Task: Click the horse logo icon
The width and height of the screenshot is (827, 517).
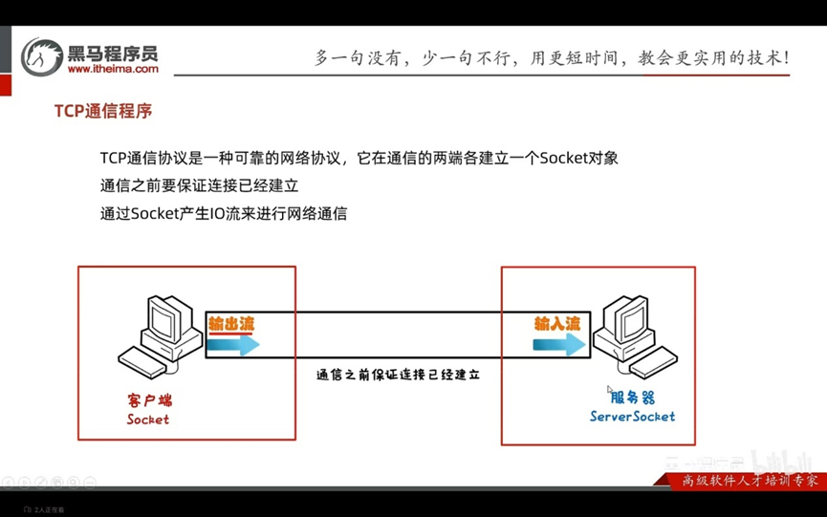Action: [x=42, y=55]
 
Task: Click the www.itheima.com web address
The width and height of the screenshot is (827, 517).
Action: [x=113, y=69]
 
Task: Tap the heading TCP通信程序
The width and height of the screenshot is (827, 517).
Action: [x=103, y=111]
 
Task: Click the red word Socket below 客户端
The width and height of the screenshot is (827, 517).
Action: [x=147, y=419]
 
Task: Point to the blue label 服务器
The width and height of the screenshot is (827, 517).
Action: [x=632, y=397]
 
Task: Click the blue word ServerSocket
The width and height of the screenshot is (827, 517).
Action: [x=632, y=416]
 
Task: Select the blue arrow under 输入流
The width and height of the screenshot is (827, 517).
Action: [x=559, y=345]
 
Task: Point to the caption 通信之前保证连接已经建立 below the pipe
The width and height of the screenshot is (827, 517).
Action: [x=398, y=375]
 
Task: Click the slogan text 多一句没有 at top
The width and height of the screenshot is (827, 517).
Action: [x=357, y=57]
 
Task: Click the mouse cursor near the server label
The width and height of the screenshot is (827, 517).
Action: [x=609, y=389]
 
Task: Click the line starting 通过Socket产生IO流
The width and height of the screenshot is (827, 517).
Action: [x=223, y=213]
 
